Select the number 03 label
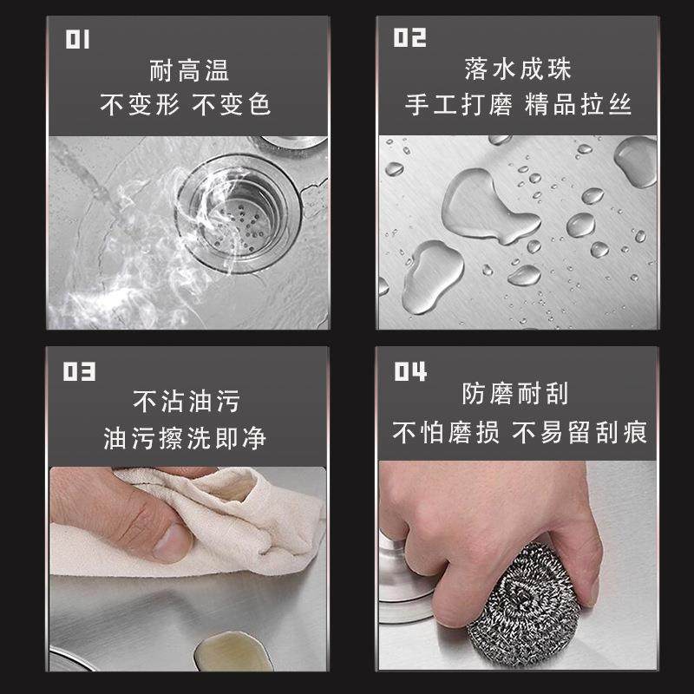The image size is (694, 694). point(78,373)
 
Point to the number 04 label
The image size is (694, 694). point(410,372)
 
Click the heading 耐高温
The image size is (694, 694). point(187,69)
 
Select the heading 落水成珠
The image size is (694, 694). point(518,69)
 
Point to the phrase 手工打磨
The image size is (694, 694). point(456,105)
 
